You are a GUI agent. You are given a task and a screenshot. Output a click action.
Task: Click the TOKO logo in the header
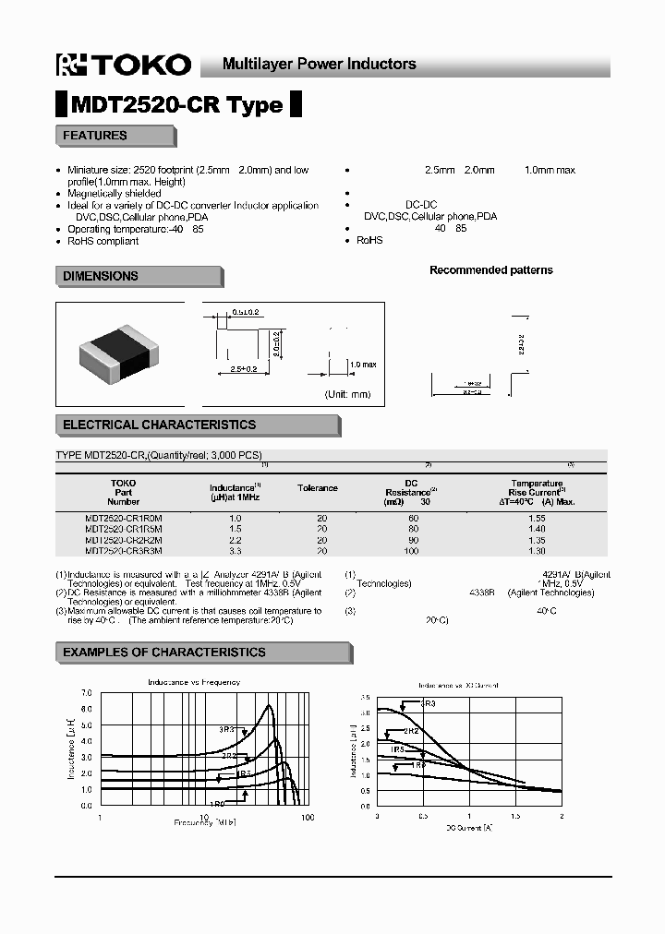(124, 65)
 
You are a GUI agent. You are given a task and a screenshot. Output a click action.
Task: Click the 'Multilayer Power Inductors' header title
(320, 64)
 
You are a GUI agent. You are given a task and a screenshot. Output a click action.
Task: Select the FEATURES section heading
(95, 136)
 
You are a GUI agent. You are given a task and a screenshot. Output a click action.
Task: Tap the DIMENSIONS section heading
(101, 276)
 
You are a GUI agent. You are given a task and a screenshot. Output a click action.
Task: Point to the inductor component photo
(119, 354)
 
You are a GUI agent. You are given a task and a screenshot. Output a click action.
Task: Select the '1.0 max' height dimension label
(363, 365)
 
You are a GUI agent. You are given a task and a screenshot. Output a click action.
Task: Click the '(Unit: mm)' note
(347, 394)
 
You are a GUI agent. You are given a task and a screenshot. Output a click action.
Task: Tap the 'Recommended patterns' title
(491, 270)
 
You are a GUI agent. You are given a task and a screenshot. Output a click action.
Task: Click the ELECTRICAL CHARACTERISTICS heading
(159, 425)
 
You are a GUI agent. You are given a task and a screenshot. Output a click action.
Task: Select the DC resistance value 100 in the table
(412, 550)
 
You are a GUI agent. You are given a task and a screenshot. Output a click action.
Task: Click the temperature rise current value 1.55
(537, 519)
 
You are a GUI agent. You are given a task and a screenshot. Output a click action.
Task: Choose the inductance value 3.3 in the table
(235, 550)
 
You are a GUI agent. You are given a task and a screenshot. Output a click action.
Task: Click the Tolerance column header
(317, 487)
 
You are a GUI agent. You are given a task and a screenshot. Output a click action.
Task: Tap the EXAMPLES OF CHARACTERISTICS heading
(164, 653)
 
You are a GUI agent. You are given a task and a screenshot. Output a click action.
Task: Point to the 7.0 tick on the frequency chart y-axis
(87, 692)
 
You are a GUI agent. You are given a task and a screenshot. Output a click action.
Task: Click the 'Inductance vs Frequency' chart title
(194, 681)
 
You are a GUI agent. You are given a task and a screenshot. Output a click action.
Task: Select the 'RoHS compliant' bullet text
(103, 241)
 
